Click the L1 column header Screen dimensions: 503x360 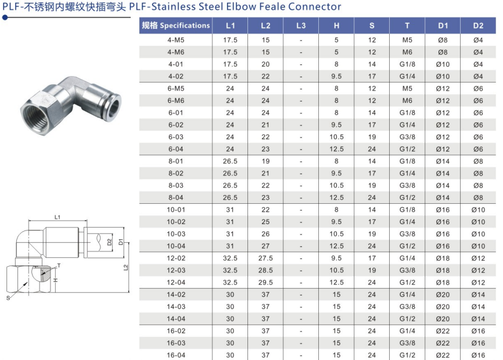coord(230,26)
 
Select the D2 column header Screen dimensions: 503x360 coord(477,26)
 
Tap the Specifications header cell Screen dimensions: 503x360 coord(175,26)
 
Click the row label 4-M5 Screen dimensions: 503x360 coord(175,40)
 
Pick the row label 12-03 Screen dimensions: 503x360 coord(175,270)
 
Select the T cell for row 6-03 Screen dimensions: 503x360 coord(407,137)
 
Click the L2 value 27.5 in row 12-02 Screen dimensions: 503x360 coord(265,258)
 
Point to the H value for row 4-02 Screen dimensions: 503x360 coord(336,76)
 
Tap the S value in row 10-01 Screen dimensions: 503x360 coord(372,210)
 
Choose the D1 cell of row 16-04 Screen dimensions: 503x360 coord(443,355)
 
